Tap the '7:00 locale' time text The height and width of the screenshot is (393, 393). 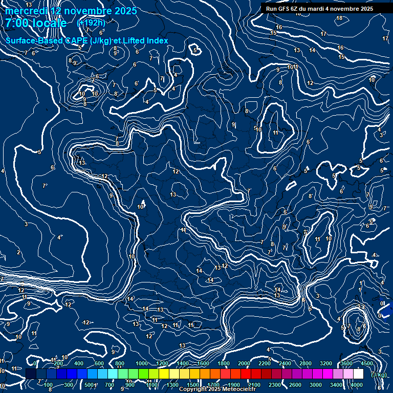point(36,23)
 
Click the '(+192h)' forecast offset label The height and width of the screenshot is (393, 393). point(91,23)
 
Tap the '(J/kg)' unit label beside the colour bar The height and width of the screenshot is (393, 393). point(379,375)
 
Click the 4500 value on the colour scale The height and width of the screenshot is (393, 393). point(367,363)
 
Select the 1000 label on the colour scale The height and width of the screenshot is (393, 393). point(142,363)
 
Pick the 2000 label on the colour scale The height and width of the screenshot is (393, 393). point(244,363)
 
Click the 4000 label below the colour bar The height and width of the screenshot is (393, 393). point(357,385)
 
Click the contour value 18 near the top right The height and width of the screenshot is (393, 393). point(339,18)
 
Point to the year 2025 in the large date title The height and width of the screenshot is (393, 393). point(124,11)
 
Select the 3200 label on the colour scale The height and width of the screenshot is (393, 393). point(326,363)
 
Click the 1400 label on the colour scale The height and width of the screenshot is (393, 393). point(183,363)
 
